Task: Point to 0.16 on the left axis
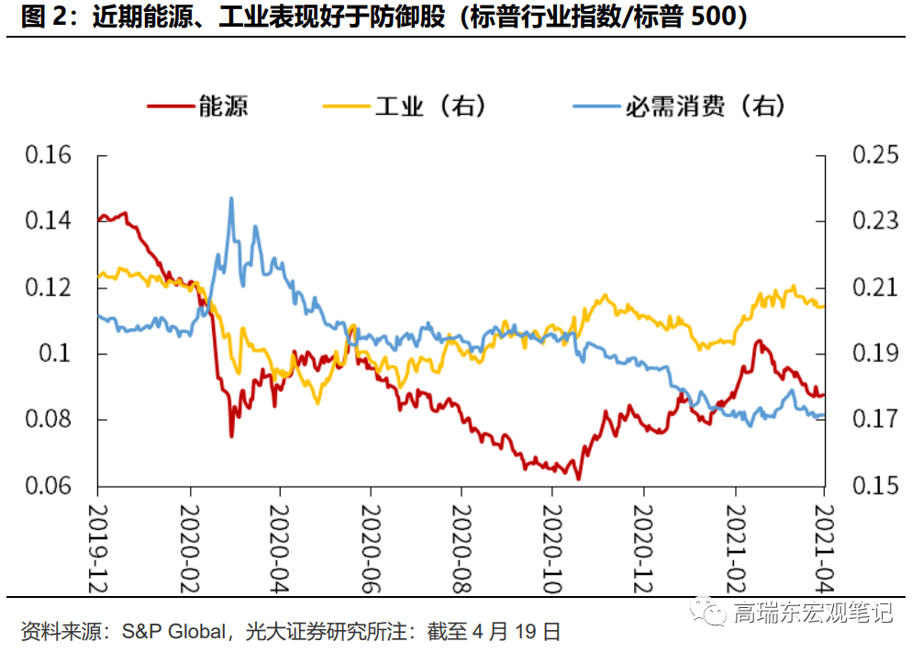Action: (48, 155)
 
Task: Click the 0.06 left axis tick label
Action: (48, 486)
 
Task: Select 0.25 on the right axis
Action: (875, 155)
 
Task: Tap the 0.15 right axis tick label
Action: (875, 486)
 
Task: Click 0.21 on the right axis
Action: (875, 287)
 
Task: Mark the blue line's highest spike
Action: (230, 197)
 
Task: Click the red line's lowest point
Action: (578, 478)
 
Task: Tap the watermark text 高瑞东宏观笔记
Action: (813, 613)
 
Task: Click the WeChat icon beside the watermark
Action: (710, 612)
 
